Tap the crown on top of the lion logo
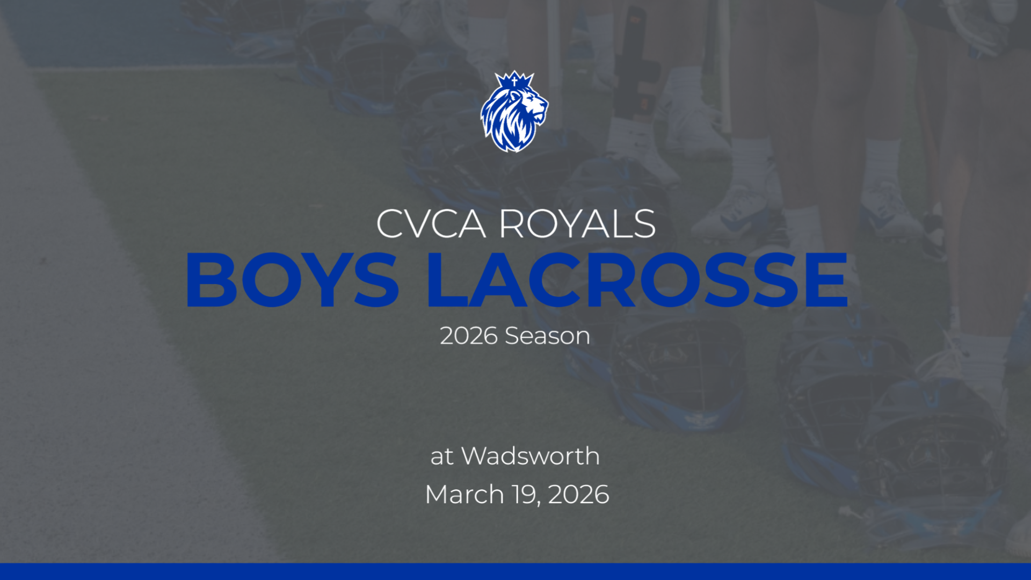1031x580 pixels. [514, 81]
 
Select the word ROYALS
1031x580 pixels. [577, 224]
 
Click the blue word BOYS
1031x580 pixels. [292, 280]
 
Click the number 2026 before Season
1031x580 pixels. [468, 336]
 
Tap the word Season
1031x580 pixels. [547, 336]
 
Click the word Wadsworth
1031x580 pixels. [531, 456]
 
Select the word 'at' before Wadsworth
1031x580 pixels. [441, 457]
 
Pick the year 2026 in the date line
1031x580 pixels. [578, 495]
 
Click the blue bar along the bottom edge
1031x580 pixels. [515, 571]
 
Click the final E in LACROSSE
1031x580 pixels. [826, 280]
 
